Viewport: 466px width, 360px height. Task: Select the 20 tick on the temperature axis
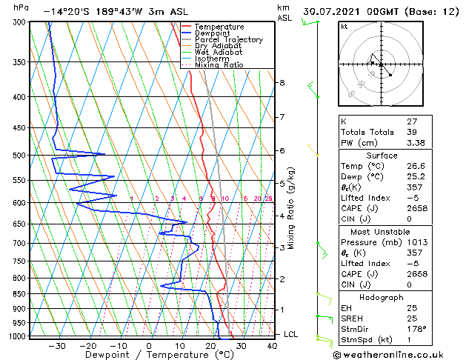click(x=210, y=345)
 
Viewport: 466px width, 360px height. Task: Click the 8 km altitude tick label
click(x=282, y=83)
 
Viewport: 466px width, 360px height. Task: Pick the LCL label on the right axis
click(x=291, y=335)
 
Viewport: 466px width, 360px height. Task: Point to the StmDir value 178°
click(x=417, y=329)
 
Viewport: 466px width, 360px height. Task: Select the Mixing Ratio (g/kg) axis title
click(x=292, y=207)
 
